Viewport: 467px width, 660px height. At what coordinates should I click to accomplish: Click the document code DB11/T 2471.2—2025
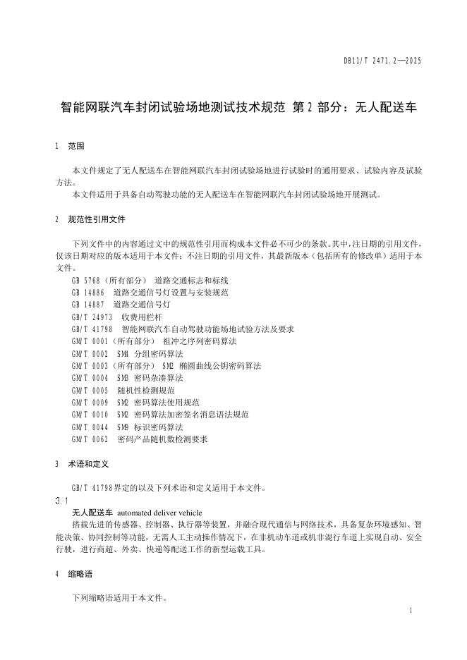[x=382, y=61]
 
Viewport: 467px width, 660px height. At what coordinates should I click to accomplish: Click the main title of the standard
[x=239, y=109]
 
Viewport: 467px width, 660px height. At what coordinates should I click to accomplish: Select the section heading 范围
[x=75, y=147]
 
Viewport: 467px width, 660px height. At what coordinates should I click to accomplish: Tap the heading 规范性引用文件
[x=97, y=219]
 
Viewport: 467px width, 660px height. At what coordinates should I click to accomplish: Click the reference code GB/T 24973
[x=92, y=317]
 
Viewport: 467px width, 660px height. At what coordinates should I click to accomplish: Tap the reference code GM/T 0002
[x=90, y=353]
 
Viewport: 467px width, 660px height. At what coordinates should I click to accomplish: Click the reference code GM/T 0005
[x=90, y=390]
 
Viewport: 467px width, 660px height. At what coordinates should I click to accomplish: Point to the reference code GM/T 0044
[x=90, y=427]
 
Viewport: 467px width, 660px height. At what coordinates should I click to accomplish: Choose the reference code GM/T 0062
[x=90, y=439]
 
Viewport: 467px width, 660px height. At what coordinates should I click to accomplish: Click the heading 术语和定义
[x=88, y=465]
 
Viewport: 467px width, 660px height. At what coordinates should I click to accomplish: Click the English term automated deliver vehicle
[x=159, y=513]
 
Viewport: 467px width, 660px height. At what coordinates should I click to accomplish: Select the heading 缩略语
[x=80, y=574]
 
